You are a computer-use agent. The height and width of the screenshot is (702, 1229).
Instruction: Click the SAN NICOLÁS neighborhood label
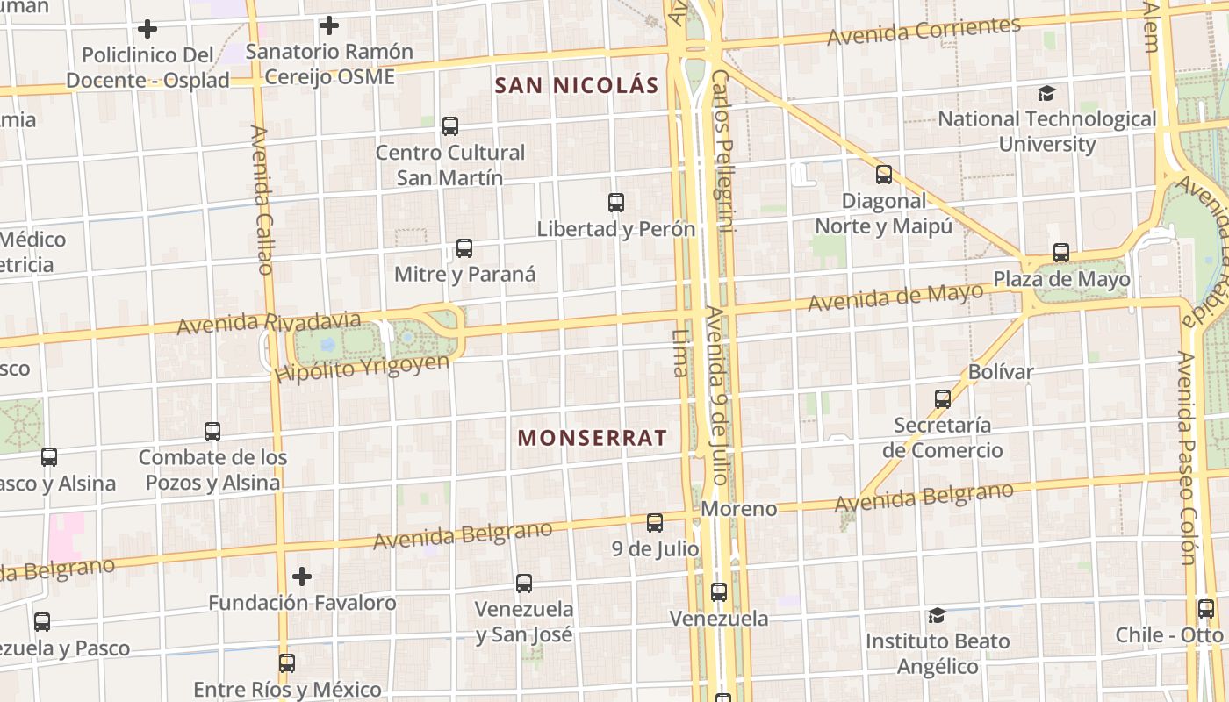tap(577, 85)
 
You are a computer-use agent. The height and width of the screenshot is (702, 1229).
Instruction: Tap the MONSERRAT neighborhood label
tap(593, 438)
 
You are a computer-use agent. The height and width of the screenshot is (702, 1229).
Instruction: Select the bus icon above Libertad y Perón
tap(616, 203)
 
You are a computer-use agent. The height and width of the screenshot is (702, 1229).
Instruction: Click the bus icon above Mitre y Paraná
tap(464, 248)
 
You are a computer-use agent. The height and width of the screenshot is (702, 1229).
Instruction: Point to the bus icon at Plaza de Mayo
tap(1061, 253)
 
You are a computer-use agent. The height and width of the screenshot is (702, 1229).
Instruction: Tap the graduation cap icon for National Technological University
tap(1046, 93)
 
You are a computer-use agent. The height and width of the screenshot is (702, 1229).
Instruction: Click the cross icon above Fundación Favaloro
tap(302, 577)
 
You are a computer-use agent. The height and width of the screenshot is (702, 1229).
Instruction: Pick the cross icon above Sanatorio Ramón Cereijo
tap(329, 25)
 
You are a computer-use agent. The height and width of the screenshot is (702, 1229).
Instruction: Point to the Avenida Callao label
tap(263, 200)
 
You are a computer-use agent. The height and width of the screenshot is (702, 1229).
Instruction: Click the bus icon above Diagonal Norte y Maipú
tap(884, 175)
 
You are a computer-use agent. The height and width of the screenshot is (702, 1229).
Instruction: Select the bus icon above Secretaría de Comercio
tap(943, 399)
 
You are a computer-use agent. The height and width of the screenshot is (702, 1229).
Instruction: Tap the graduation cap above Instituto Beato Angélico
tap(937, 615)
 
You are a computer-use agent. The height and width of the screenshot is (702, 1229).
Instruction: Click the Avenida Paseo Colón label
tap(1187, 458)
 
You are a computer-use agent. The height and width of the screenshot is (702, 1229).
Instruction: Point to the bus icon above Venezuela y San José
tap(524, 583)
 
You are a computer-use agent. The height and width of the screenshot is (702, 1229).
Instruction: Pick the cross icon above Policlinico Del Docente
tap(147, 29)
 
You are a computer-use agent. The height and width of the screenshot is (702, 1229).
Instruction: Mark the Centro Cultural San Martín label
tap(450, 165)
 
